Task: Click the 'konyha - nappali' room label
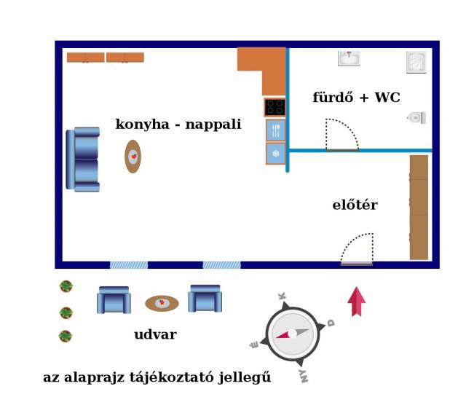178,124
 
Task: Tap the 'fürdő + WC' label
356,97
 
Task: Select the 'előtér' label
355,205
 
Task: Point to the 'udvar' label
155,334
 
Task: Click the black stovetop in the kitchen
275,107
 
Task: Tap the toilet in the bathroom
416,118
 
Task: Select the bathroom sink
349,58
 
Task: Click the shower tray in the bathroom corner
416,62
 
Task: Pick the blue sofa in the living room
82,160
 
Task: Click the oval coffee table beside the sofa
133,157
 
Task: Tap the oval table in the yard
162,303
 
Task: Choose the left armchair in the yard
114,299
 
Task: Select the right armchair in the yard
205,299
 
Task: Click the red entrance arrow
357,302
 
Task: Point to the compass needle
293,334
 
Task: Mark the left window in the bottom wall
129,265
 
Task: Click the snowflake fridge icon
276,154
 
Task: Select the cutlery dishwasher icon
276,130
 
